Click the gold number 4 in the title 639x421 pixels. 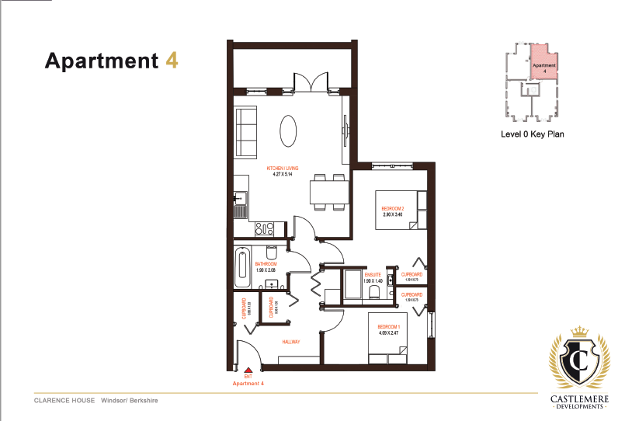(172, 60)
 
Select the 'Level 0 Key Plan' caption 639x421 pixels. (533, 134)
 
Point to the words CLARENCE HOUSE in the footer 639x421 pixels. (64, 401)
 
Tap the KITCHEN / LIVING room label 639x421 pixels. (282, 168)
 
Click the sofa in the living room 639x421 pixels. (246, 133)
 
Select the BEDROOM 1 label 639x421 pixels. (388, 326)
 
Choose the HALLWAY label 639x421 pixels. (291, 342)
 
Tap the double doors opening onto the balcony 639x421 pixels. (304, 82)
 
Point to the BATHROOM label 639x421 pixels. (266, 264)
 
